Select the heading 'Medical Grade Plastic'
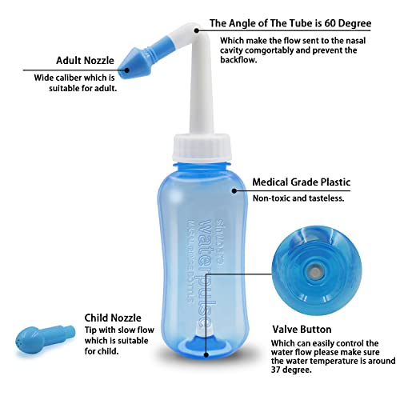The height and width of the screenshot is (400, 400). (x=302, y=182)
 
